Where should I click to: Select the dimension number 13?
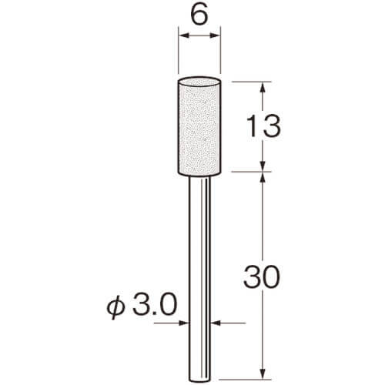pos(263,126)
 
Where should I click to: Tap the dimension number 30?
pos(261,276)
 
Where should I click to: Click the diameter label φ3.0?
pos(142,306)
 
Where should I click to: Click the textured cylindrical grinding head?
pos(199,126)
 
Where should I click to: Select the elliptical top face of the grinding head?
pos(199,82)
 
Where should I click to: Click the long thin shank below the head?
pos(200,280)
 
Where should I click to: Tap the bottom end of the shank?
pos(200,380)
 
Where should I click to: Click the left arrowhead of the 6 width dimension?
pos(184,35)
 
